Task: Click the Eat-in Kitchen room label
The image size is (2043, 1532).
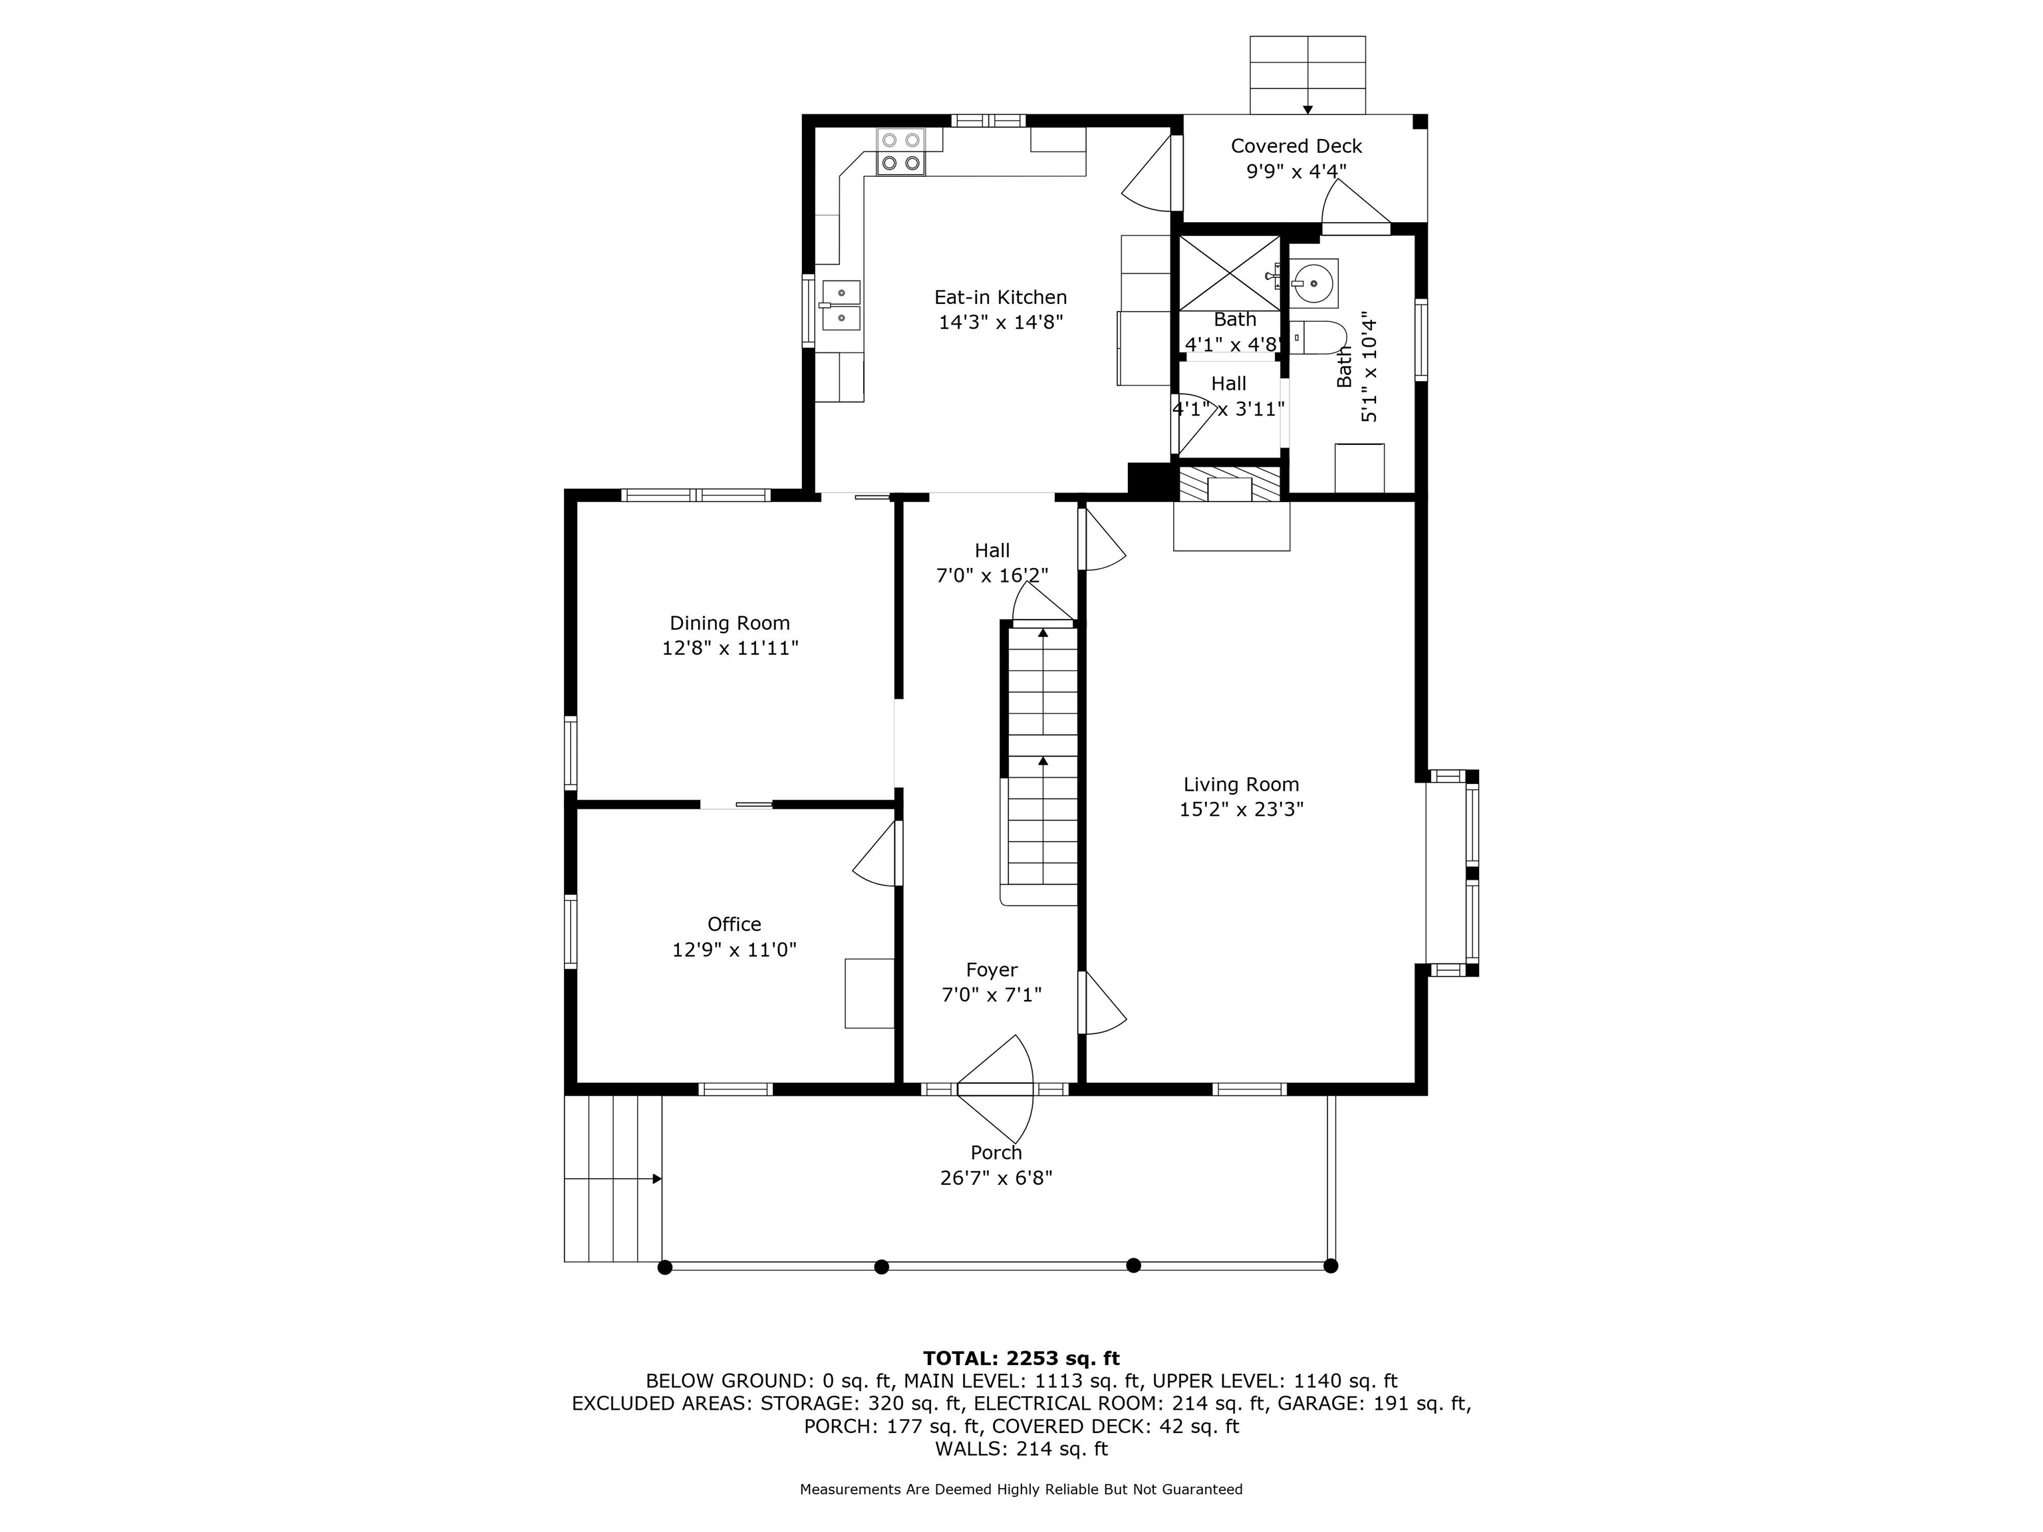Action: click(1000, 297)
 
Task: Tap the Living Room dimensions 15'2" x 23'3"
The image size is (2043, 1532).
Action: click(1242, 810)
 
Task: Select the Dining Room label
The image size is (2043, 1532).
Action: click(730, 623)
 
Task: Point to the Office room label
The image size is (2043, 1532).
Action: click(734, 924)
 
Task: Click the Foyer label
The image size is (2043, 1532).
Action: click(992, 971)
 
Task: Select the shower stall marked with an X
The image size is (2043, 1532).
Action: click(1230, 273)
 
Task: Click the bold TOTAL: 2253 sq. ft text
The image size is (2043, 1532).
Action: click(1021, 1358)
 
